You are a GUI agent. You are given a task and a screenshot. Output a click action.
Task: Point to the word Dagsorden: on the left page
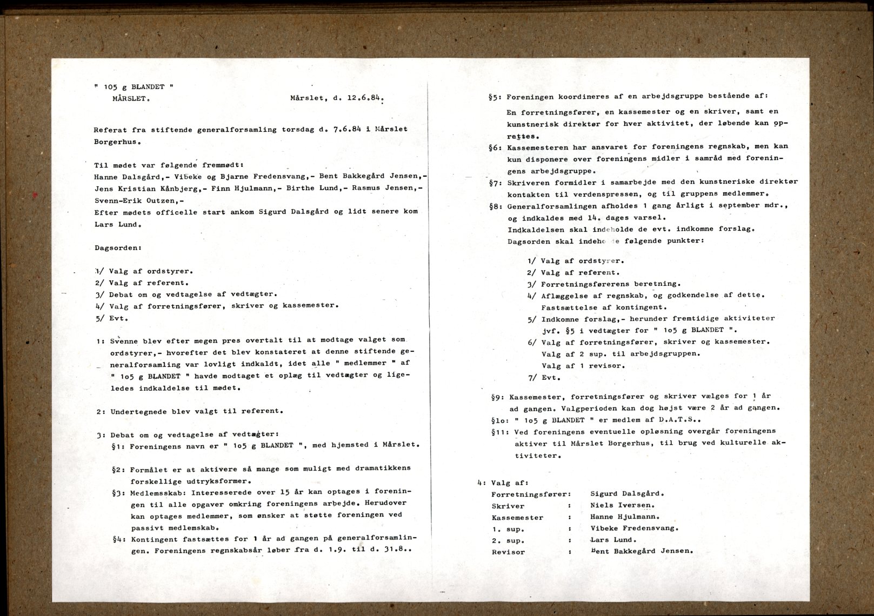point(118,248)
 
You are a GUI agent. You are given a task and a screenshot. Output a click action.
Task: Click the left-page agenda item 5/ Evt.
point(112,318)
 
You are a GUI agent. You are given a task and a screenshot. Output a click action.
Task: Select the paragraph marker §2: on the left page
point(119,468)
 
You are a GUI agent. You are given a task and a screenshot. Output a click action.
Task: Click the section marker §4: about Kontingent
point(119,539)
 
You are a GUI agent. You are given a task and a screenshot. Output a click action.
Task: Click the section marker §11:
point(501,432)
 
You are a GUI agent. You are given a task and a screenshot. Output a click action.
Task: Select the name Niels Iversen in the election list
point(622,505)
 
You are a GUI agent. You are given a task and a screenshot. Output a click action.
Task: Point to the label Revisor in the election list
point(508,552)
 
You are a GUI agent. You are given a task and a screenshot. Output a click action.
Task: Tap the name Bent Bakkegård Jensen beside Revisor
point(642,551)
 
